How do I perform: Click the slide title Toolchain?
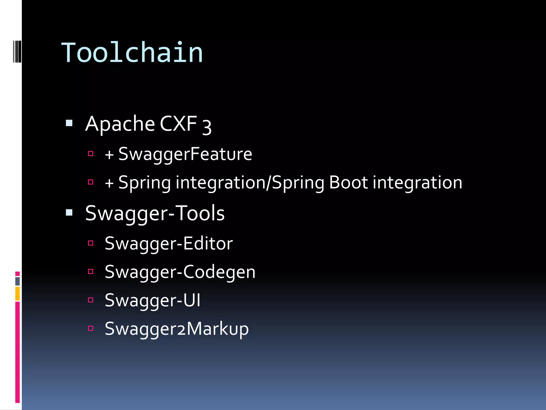click(x=132, y=53)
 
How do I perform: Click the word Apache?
click(x=120, y=124)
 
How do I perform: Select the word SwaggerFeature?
click(x=185, y=154)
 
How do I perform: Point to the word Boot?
click(x=348, y=183)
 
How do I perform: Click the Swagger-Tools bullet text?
click(x=155, y=213)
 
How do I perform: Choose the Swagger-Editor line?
click(x=168, y=243)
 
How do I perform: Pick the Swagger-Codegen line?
click(x=180, y=272)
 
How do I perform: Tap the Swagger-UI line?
click(x=152, y=300)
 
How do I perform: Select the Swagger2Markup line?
click(x=176, y=329)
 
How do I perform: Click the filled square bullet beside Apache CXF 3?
click(x=69, y=123)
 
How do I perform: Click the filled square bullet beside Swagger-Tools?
click(x=69, y=212)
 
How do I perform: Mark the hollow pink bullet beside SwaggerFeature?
click(x=91, y=153)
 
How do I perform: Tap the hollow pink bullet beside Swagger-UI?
click(x=91, y=300)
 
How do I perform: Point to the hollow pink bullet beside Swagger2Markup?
click(x=91, y=328)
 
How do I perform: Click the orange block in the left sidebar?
click(x=18, y=293)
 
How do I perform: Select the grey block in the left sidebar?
click(x=18, y=281)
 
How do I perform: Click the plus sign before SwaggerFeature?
click(x=109, y=155)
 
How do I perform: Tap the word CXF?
click(x=178, y=124)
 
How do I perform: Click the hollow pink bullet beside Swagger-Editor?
click(x=91, y=243)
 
